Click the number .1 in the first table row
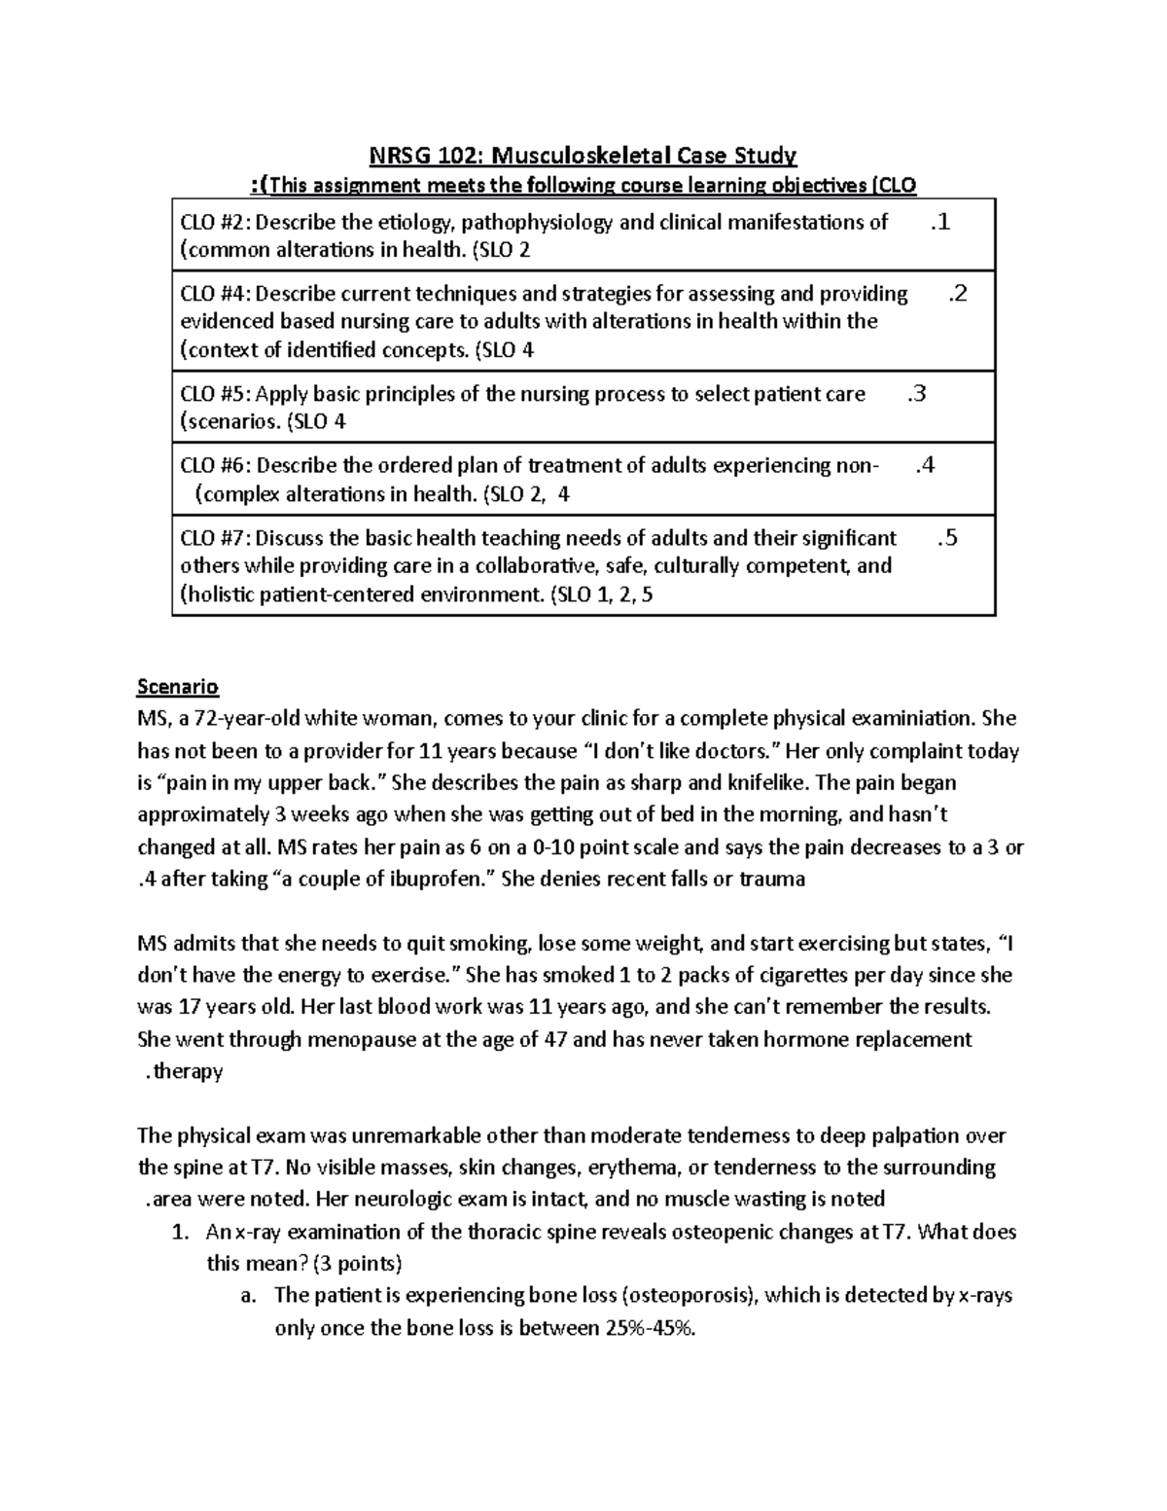click(x=939, y=223)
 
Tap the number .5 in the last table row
click(x=947, y=538)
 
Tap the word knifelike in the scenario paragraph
click(x=760, y=783)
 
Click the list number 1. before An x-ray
click(x=178, y=1232)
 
